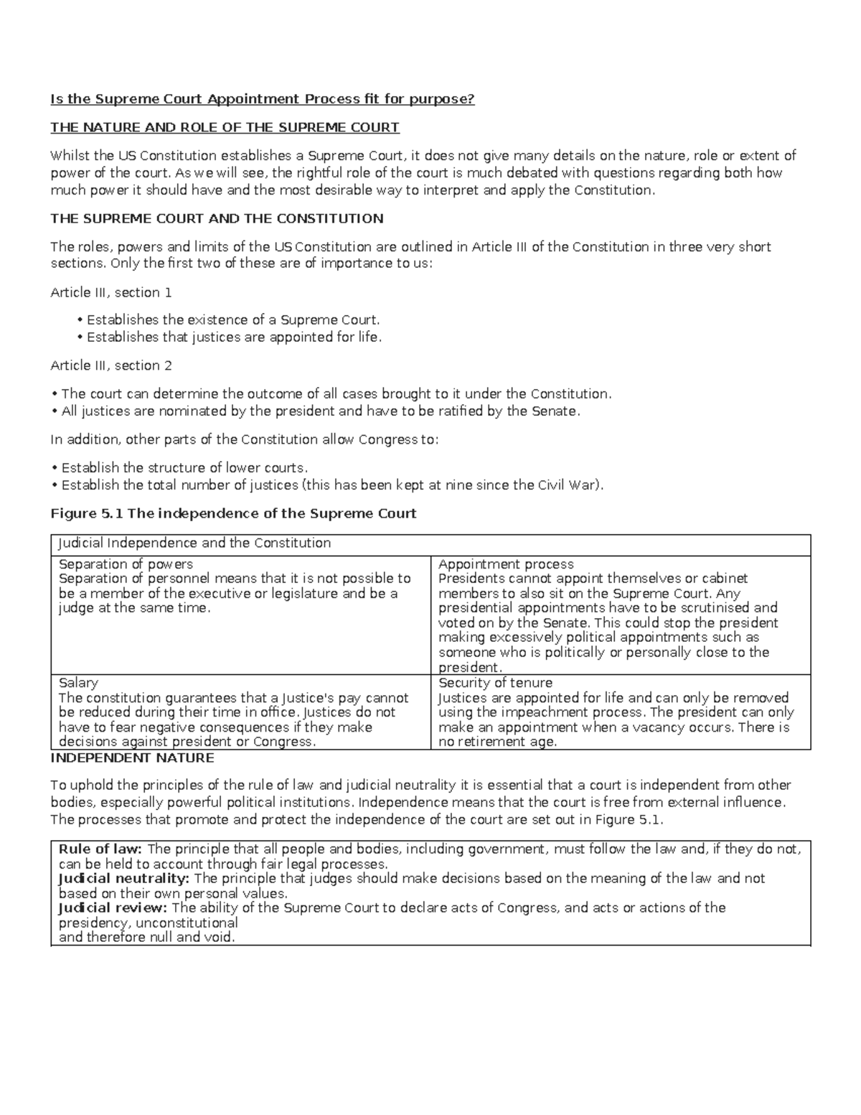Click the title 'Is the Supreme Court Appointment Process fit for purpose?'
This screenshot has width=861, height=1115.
tap(262, 99)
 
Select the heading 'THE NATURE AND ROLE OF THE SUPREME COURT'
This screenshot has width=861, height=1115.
tap(225, 128)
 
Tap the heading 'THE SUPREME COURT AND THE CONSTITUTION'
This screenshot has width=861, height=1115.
tap(217, 218)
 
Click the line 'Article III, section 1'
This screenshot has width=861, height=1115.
tap(111, 292)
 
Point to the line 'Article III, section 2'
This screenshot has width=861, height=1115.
tap(111, 365)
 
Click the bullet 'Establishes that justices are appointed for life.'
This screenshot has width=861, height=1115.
tap(234, 337)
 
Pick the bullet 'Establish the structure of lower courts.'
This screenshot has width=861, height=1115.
tap(184, 467)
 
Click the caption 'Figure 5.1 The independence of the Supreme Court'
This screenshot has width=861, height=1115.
tap(233, 513)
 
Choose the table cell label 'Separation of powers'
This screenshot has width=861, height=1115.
tap(126, 564)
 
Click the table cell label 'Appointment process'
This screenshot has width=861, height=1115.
tap(506, 564)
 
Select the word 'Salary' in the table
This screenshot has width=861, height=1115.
tap(78, 683)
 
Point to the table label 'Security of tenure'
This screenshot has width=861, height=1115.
tap(495, 683)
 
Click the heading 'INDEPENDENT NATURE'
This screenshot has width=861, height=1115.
tap(132, 758)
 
